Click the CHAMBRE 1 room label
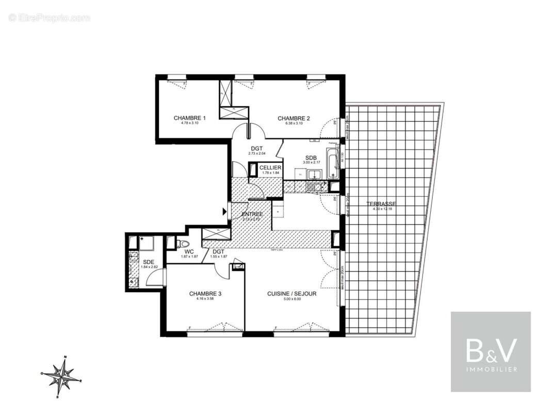point(189,118)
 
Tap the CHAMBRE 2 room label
point(294,119)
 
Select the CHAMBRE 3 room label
point(205,294)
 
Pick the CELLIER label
point(270,168)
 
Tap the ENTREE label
point(252,214)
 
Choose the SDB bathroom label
point(311,157)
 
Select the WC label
point(189,251)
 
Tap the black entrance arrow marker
point(224,211)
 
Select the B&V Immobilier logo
point(491,352)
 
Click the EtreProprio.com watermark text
point(50,18)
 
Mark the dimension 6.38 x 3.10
point(294,123)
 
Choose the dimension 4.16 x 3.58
point(205,299)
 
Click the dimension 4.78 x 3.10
point(189,123)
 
